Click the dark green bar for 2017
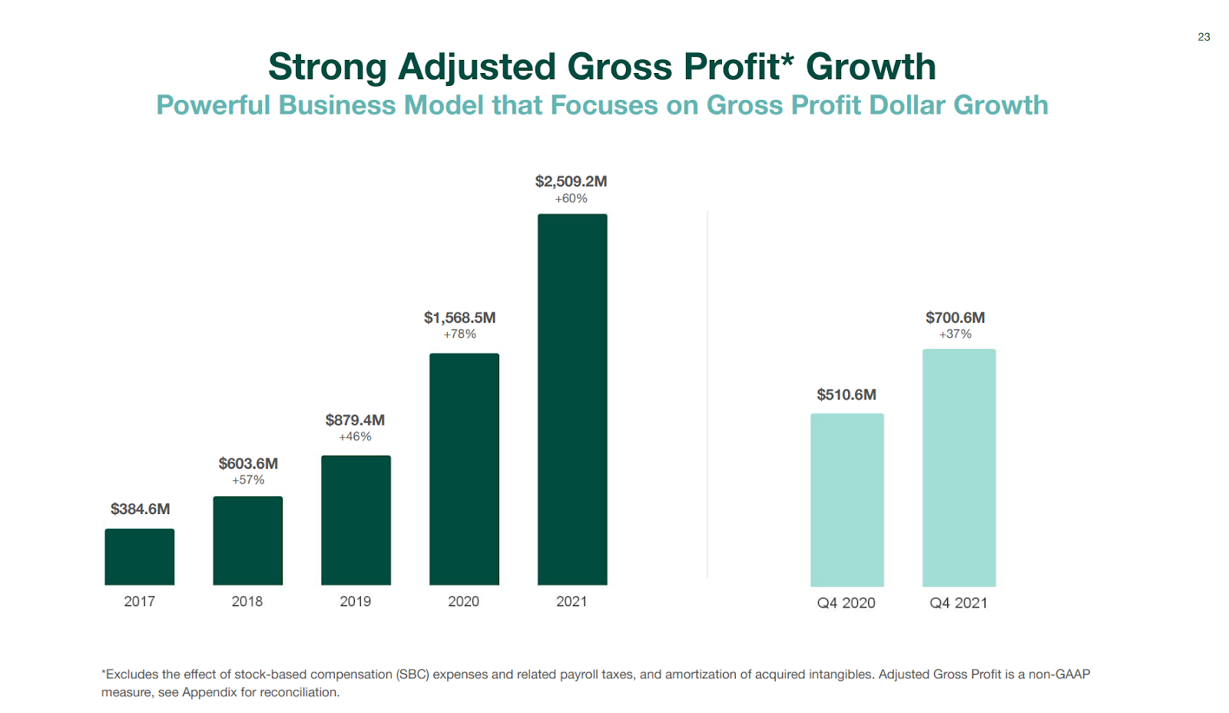140,557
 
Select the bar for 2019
356,520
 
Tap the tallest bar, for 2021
572,400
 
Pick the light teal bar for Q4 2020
846,500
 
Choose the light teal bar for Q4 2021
959,468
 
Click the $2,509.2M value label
571,181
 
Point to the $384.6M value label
140,509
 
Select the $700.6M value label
955,317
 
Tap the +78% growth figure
459,334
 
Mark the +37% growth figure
955,334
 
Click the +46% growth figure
355,436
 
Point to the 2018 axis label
247,602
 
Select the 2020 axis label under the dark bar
463,602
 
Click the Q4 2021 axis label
959,603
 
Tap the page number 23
1204,37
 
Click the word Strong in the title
326,68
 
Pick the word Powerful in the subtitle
213,105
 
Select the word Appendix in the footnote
210,692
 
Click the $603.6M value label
248,463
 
